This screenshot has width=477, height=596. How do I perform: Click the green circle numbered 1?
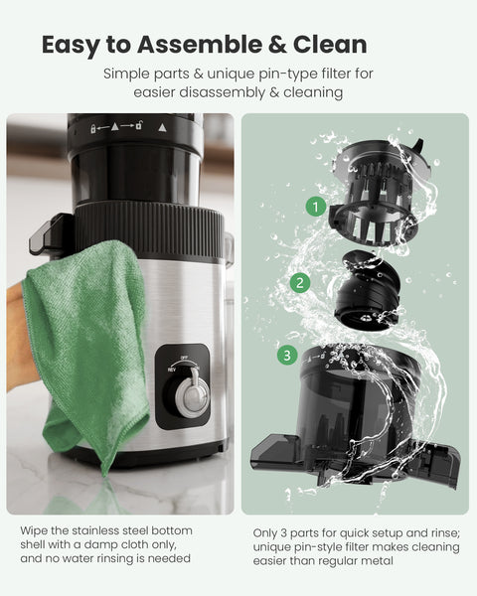click(x=316, y=207)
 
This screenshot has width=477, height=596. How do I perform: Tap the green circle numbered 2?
click(x=300, y=282)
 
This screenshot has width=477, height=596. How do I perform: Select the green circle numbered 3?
click(x=286, y=355)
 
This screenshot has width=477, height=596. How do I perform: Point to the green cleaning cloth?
click(x=84, y=338)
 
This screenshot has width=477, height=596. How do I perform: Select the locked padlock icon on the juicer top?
click(x=91, y=128)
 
